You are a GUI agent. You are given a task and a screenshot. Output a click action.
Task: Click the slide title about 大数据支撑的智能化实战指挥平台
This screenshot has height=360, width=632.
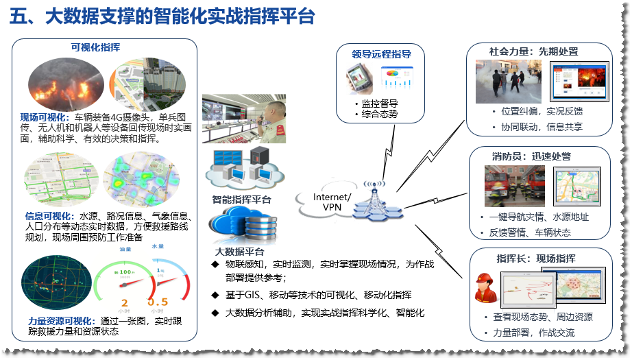[162, 17]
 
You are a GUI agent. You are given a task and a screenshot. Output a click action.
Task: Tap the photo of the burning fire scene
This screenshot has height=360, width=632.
[65, 83]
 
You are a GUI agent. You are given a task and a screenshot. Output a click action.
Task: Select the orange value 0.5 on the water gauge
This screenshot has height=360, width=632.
[158, 302]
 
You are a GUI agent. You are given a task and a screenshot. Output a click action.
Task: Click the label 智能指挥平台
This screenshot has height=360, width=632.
[241, 200]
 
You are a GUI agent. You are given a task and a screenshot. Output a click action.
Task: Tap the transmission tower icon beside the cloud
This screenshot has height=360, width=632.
[376, 201]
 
